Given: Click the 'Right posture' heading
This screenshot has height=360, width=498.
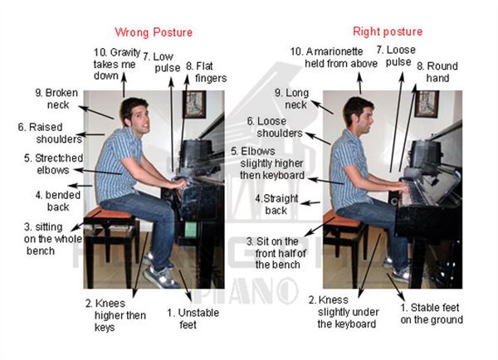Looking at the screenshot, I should coord(388,32).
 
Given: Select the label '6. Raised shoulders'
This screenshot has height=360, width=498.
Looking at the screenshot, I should coord(46,134).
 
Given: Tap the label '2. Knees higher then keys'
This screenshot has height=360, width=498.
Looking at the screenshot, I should coord(116,315).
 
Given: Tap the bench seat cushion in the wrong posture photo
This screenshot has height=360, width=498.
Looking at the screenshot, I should coord(109,214).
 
